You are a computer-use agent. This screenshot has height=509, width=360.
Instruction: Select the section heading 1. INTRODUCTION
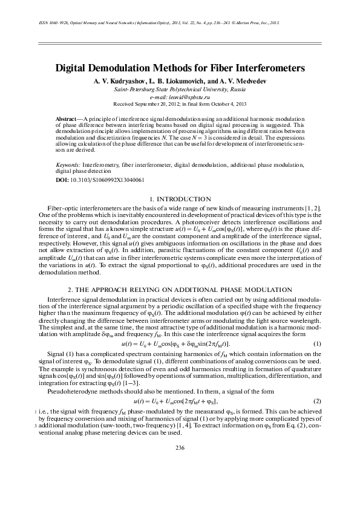click(x=179, y=199)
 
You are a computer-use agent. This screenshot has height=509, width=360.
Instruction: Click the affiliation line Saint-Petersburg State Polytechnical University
click(x=179, y=89)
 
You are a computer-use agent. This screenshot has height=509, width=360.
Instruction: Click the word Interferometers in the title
click(x=267, y=69)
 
